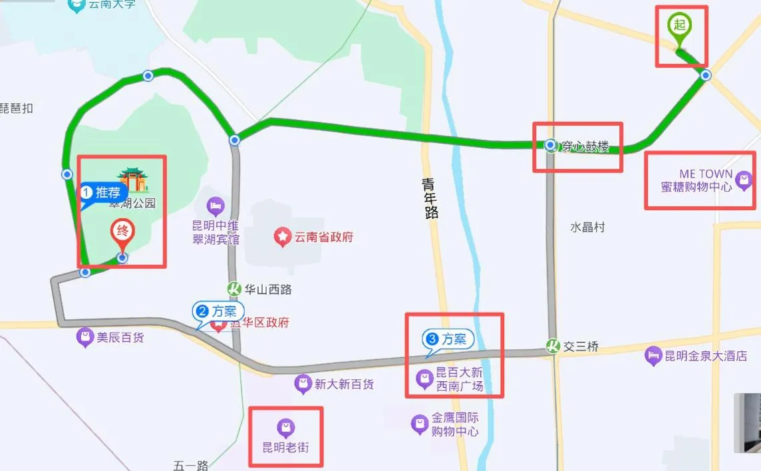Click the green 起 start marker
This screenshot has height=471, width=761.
click(x=679, y=27)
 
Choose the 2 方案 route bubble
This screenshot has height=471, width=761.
click(x=218, y=311)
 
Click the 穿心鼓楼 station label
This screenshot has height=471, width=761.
click(x=585, y=147)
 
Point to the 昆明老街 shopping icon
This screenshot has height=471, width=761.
click(x=285, y=428)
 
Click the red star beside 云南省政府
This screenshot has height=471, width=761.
click(x=283, y=236)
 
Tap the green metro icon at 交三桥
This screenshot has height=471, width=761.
click(x=551, y=346)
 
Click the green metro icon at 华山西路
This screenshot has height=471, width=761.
click(x=233, y=289)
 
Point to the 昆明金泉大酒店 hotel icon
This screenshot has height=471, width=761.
click(x=653, y=356)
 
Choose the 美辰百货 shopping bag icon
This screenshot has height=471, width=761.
click(x=85, y=337)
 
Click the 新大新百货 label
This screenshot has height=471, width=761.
click(x=344, y=384)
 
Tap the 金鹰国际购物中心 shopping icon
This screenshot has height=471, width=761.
click(x=419, y=423)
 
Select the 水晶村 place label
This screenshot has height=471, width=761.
click(x=587, y=227)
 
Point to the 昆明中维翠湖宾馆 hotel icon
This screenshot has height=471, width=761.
click(x=215, y=205)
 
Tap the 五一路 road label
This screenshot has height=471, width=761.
click(x=191, y=465)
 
